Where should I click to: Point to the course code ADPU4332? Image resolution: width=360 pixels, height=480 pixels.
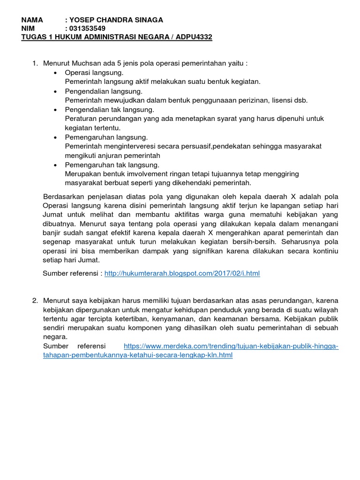tap(194, 37)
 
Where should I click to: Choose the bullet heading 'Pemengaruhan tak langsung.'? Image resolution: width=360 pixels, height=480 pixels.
tap(112, 165)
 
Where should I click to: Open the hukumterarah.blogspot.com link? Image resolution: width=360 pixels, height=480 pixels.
tap(182, 273)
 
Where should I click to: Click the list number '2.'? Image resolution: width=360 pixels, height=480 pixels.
tap(35, 300)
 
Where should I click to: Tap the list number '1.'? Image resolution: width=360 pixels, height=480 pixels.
tap(35, 63)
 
